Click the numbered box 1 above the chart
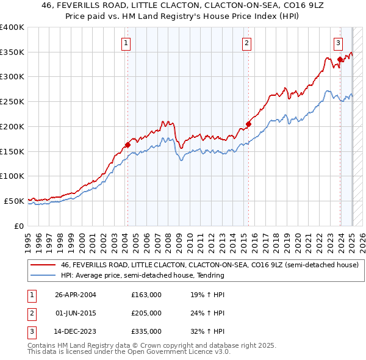click(125, 43)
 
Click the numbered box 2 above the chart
click(246, 43)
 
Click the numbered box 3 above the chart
click(338, 43)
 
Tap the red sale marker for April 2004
click(127, 145)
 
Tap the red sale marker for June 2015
click(249, 124)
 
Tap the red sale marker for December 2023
click(340, 60)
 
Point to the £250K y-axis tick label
click(12, 101)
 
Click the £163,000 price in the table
click(146, 295)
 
